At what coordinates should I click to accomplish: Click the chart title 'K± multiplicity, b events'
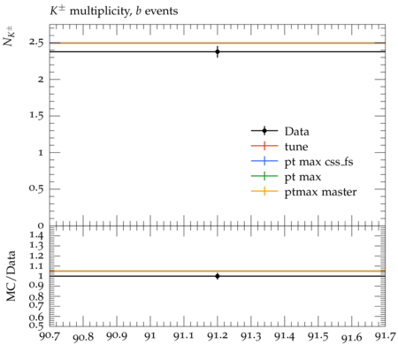coord(113,11)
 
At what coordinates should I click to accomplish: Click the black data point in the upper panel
coord(218,52)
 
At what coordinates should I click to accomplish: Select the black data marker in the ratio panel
coord(218,276)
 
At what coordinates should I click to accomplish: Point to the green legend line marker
coord(264,176)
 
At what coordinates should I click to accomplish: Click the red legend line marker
coord(264,146)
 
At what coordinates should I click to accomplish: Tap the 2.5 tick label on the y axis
coord(36,42)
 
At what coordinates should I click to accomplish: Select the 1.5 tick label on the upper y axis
coord(36,116)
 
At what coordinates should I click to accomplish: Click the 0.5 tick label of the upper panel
coord(36,188)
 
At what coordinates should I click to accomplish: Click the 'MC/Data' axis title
coord(11,276)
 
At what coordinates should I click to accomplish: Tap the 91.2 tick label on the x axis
coord(218,336)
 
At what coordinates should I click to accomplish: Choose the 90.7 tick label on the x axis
coord(50,336)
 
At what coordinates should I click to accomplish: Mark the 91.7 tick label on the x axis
coord(385,336)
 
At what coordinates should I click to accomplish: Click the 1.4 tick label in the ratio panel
coord(36,235)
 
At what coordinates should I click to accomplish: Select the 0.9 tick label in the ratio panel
coord(36,286)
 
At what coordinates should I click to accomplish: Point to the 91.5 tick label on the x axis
coord(318,336)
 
